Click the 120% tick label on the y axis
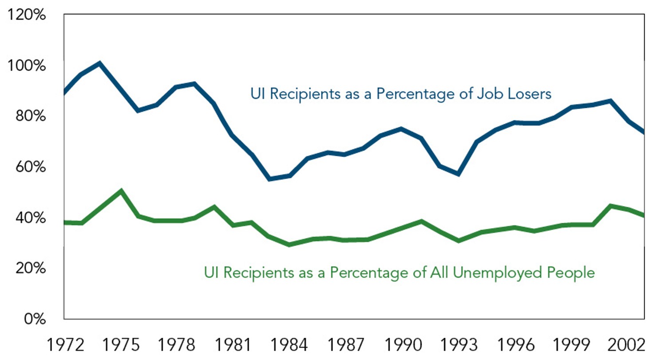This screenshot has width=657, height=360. pyautogui.click(x=27, y=16)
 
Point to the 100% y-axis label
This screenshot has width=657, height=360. pyautogui.click(x=27, y=67)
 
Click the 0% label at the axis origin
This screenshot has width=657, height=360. pyautogui.click(x=34, y=320)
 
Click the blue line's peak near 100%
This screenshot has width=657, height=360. pyautogui.click(x=100, y=63)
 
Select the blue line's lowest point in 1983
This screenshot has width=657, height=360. pyautogui.click(x=269, y=179)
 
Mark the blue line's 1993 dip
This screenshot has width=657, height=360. pyautogui.click(x=458, y=174)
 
